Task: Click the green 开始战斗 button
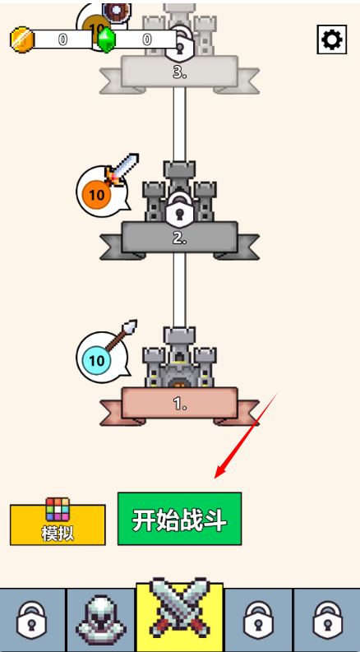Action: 179,519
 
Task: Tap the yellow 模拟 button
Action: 58,525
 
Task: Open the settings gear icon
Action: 332,39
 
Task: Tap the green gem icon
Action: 106,39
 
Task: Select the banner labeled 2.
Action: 179,239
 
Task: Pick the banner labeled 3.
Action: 179,74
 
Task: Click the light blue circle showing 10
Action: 96,360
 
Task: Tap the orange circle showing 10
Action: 96,194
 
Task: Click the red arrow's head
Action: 220,473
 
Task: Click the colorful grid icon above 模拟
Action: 58,509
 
